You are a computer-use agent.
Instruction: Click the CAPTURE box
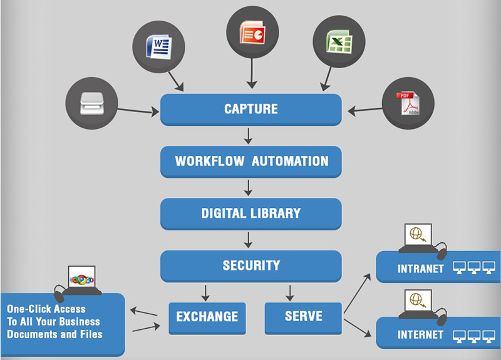point(250,110)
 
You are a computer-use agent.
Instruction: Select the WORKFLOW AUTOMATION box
point(250,162)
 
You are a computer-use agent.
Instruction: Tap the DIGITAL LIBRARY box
point(250,213)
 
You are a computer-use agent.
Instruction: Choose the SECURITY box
point(250,265)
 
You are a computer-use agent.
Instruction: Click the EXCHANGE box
point(207,317)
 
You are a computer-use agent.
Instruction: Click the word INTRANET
point(420,269)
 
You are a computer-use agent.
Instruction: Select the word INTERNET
point(420,335)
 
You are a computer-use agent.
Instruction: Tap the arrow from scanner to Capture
point(138,111)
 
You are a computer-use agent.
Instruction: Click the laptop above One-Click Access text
point(81,280)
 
